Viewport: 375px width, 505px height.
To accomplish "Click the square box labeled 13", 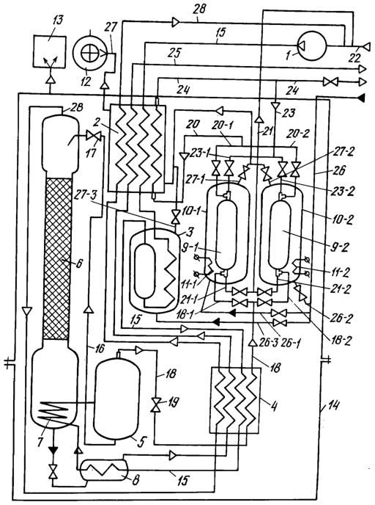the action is (50, 52).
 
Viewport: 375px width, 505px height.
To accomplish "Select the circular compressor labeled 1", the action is (310, 45).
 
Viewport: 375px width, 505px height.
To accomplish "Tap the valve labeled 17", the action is (94, 137).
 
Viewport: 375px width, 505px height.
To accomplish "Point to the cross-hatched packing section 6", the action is (57, 258).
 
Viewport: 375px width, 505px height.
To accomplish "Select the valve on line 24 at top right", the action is (330, 81).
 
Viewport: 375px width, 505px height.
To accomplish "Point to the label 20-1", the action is (222, 126).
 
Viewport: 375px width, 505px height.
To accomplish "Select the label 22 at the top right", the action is (355, 58).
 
